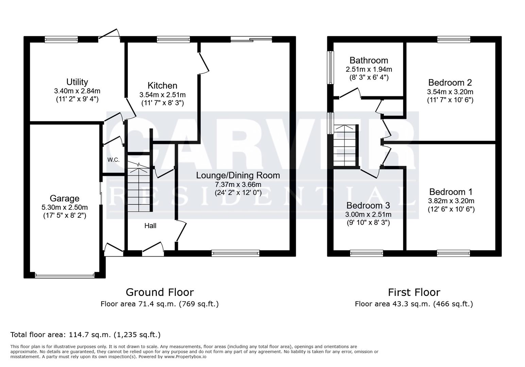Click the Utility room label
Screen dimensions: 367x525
point(77,82)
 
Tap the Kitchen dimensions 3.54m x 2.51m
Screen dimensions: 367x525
point(162,95)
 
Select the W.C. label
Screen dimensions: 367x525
point(113,160)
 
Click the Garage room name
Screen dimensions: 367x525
point(64,198)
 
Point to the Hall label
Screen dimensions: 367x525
point(150,226)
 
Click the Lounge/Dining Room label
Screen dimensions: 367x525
point(238,175)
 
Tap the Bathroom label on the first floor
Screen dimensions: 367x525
point(369,60)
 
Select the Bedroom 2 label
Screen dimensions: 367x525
point(450,83)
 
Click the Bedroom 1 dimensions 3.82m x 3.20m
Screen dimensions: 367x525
point(451,201)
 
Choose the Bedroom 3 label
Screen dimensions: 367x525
point(368,206)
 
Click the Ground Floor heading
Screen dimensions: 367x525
point(159,292)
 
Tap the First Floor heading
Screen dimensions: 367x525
point(414,292)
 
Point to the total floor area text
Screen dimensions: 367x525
point(85,335)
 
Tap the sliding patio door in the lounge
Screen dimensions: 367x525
point(251,39)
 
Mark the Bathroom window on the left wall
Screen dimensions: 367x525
point(330,68)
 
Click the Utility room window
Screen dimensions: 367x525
point(61,39)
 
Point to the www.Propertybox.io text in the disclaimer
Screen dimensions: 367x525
point(185,357)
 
